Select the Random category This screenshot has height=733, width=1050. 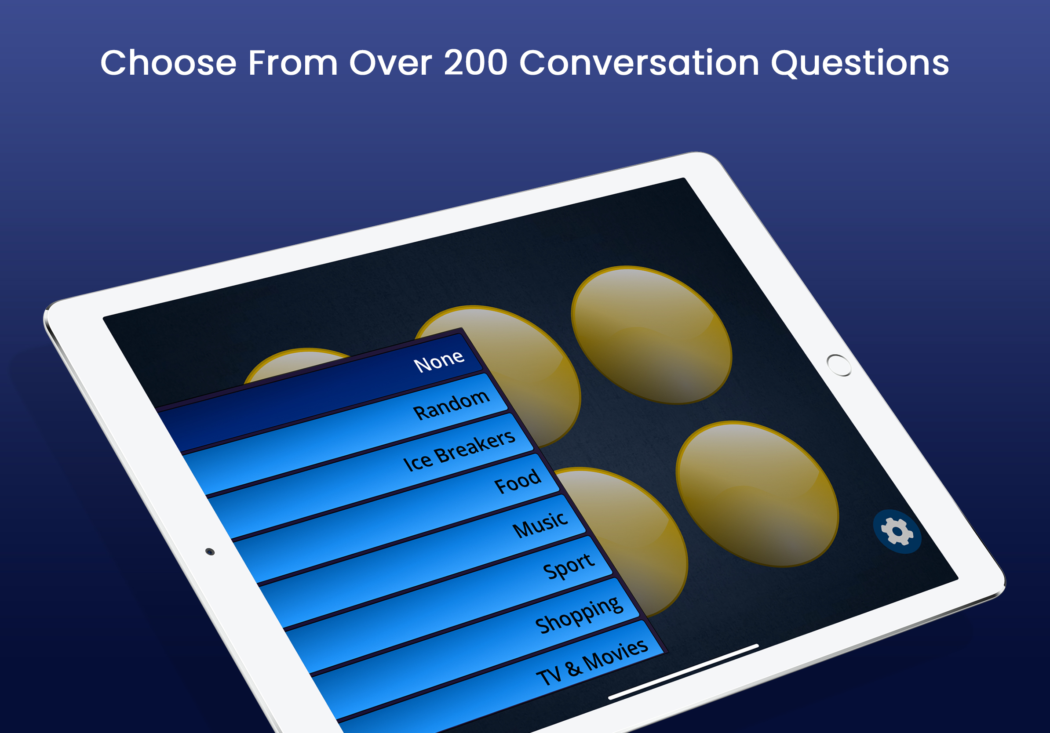[x=451, y=404]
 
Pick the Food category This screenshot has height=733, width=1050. [x=518, y=481]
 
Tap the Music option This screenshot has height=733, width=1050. [x=540, y=525]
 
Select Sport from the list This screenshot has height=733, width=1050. [x=569, y=566]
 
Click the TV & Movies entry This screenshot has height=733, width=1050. [x=592, y=663]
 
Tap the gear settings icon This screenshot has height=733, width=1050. [x=897, y=531]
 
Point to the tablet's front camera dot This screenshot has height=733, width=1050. [x=210, y=552]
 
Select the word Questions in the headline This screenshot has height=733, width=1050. [x=860, y=64]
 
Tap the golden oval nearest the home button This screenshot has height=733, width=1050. [x=652, y=335]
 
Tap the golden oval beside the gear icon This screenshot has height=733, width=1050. [x=757, y=494]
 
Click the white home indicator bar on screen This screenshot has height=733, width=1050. [x=683, y=672]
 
